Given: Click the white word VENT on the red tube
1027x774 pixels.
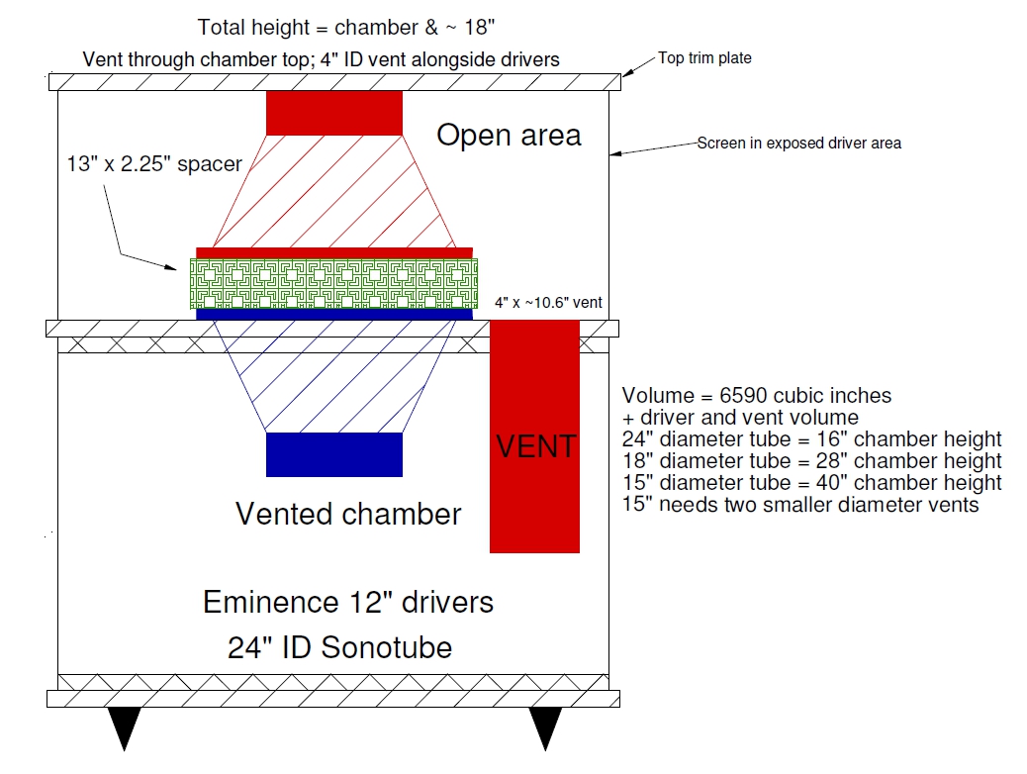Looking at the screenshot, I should (x=535, y=446).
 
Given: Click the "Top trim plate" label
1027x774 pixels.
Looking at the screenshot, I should (x=704, y=58).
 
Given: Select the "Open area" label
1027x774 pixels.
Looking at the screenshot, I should (x=509, y=136).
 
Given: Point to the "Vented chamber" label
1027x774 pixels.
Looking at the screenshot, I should (x=347, y=515).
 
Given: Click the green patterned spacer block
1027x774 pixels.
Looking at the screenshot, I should (x=334, y=284).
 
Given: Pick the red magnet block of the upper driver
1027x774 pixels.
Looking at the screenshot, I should (x=334, y=112).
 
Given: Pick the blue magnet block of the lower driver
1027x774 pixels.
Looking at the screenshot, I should (x=334, y=454).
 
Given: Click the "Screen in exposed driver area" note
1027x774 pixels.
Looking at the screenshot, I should (x=798, y=143).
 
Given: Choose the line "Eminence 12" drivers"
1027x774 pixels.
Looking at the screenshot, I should (x=347, y=602).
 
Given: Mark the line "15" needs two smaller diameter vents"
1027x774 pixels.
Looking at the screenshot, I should (x=799, y=505).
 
